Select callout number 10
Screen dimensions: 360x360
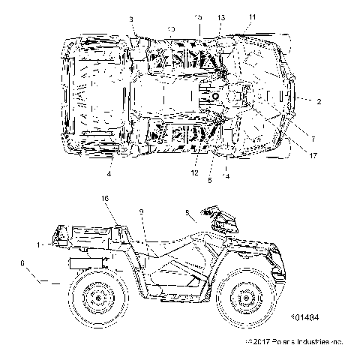pyautogui.click(x=171, y=28)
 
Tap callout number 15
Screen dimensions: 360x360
pyautogui.click(x=199, y=16)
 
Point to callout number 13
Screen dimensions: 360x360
pyautogui.click(x=221, y=16)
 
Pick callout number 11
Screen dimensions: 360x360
pyautogui.click(x=251, y=16)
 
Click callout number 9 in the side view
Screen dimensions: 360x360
pyautogui.click(x=141, y=212)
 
